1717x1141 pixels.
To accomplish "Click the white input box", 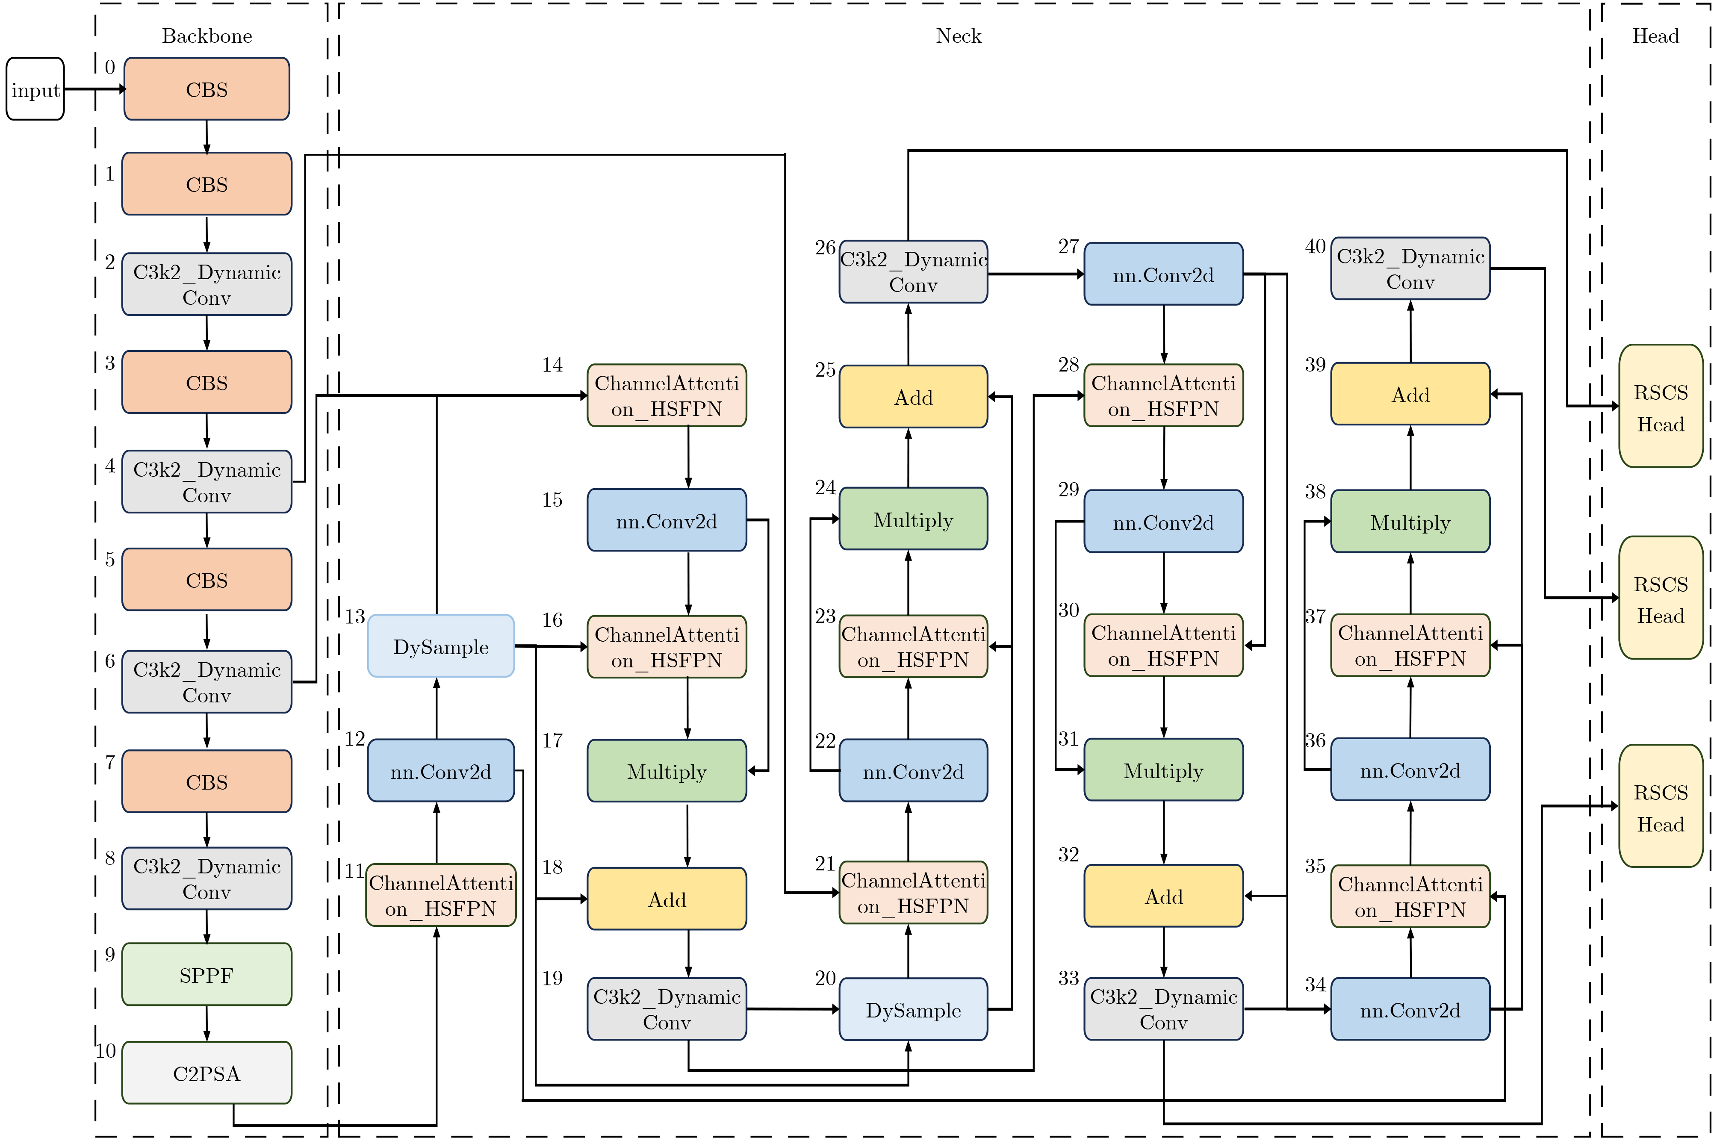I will [35, 89].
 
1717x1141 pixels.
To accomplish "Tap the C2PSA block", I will [207, 1073].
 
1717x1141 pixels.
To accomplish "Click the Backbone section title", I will [207, 35].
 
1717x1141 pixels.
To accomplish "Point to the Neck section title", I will [958, 35].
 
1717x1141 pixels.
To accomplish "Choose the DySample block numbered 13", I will [441, 646].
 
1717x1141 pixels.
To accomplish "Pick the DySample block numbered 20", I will [913, 1009].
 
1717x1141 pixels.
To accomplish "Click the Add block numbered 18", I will [667, 899].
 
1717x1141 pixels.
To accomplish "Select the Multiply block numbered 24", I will [913, 519].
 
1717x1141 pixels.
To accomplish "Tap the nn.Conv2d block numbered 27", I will [1163, 274].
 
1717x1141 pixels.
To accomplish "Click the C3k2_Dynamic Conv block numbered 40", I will [1410, 268].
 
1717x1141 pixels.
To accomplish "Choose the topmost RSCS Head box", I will [1660, 406].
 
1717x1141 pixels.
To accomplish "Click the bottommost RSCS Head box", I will [1660, 806].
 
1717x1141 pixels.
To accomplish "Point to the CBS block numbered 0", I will [207, 89].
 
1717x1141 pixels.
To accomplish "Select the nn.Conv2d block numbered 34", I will [1410, 1009].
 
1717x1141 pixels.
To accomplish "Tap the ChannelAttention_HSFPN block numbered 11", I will [441, 895].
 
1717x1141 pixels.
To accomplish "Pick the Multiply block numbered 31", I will [1163, 770].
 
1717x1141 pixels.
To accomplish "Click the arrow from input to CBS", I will [94, 89].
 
